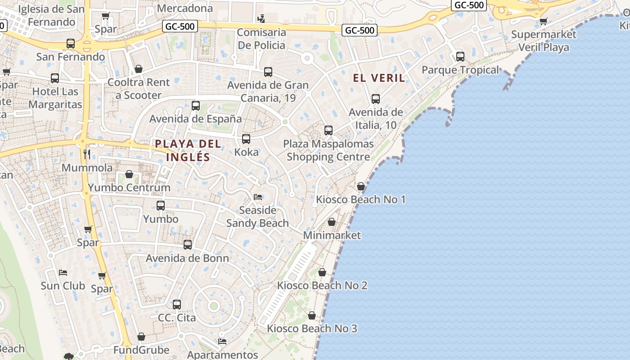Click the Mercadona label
pyautogui.click(x=185, y=8)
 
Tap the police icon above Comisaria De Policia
pyautogui.click(x=261, y=18)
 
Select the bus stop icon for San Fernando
pyautogui.click(x=71, y=44)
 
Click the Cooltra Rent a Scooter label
pyautogui.click(x=139, y=89)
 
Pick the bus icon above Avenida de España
pyautogui.click(x=196, y=106)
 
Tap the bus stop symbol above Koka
pyautogui.click(x=246, y=139)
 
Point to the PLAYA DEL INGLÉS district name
pyautogui.click(x=188, y=150)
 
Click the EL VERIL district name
pyautogui.click(x=379, y=78)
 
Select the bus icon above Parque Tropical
pyautogui.click(x=460, y=57)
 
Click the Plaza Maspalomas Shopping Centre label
pyautogui.click(x=328, y=150)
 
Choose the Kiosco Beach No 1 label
pyautogui.click(x=361, y=199)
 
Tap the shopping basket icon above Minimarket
pyautogui.click(x=332, y=222)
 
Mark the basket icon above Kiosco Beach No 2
pyautogui.click(x=322, y=272)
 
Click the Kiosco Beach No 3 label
pyautogui.click(x=312, y=328)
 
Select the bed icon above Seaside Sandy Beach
pyautogui.click(x=258, y=197)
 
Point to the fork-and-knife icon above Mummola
pyautogui.click(x=87, y=154)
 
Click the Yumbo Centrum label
pyautogui.click(x=129, y=188)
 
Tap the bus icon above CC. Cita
pyautogui.click(x=177, y=305)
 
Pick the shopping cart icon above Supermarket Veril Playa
pyautogui.click(x=544, y=21)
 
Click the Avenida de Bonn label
pyautogui.click(x=188, y=258)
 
